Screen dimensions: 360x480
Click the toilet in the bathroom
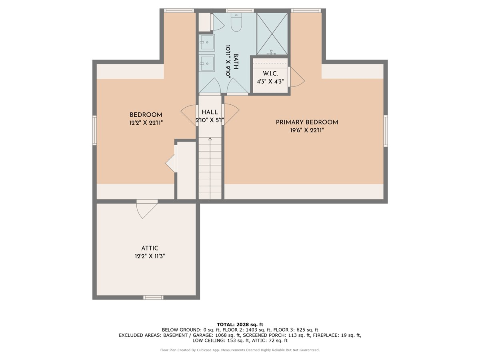pos(236,24)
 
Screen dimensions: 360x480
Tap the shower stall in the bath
pos(272,34)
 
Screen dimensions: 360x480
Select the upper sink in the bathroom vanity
pos(207,42)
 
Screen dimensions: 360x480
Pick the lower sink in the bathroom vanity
pos(207,63)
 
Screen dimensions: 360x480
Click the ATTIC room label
pos(150,248)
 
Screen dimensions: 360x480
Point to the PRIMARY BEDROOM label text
pos(307,122)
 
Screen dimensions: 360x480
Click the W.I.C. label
pos(270,74)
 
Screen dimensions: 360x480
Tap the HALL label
pos(210,112)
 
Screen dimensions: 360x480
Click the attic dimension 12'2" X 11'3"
pos(150,256)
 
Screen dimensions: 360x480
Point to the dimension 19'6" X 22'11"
pos(307,130)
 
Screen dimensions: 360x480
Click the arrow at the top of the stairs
pos(210,139)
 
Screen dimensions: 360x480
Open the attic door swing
pos(146,209)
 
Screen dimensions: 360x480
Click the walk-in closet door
pos(295,77)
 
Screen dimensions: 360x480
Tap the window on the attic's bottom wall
pos(154,297)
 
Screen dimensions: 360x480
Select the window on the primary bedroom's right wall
pos(386,130)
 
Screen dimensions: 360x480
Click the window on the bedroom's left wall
pos(95,130)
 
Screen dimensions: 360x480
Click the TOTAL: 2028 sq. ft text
pos(240,324)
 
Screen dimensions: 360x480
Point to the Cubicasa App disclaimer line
pos(240,350)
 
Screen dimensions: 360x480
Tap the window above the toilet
pos(240,10)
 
